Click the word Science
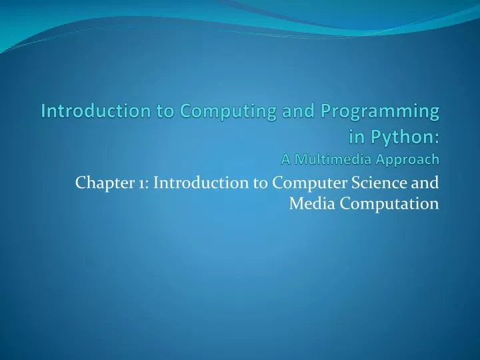tap(383, 181)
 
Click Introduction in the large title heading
tap(89, 111)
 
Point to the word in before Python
tap(357, 137)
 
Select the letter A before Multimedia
tap(286, 159)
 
